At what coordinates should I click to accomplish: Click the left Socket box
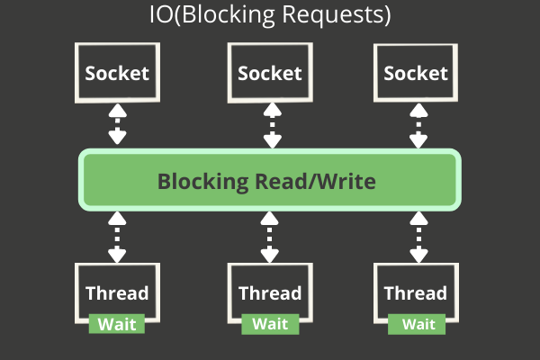pos(117,73)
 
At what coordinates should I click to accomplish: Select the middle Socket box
pos(270,73)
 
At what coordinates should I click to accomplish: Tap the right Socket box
pos(417,73)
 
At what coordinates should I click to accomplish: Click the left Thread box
pos(117,292)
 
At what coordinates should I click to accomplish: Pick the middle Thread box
pos(270,292)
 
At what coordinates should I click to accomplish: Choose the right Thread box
pos(416,292)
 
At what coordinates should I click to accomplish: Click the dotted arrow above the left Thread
pos(117,236)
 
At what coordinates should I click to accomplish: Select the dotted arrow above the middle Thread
pos(270,236)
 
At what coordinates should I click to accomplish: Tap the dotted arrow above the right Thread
pos(417,236)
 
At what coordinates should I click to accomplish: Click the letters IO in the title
pos(159,16)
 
